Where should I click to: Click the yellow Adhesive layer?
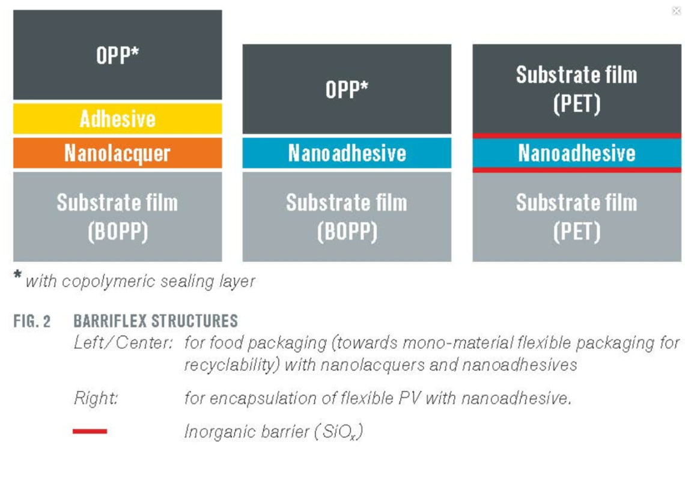point(118,119)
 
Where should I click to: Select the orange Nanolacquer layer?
point(118,153)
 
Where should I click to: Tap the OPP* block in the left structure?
point(118,55)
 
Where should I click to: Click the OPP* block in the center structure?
point(347,89)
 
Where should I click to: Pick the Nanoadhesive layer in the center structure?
point(347,153)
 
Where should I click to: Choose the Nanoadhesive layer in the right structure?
point(577,153)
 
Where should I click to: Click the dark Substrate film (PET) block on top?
point(577,89)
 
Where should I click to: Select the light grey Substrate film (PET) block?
point(577,217)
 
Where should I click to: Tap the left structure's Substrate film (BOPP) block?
point(118,217)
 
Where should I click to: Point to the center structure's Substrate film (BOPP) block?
point(347,217)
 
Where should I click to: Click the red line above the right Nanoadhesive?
point(577,136)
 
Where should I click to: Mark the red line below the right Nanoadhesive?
point(577,170)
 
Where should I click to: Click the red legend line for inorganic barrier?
point(90,431)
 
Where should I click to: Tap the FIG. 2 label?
point(32,321)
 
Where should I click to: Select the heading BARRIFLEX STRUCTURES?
point(156,321)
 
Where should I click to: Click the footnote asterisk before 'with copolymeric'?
point(17,274)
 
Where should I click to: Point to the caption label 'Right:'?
point(96,398)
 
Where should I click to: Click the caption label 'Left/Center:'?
point(123,343)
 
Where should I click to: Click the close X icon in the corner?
point(676,11)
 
